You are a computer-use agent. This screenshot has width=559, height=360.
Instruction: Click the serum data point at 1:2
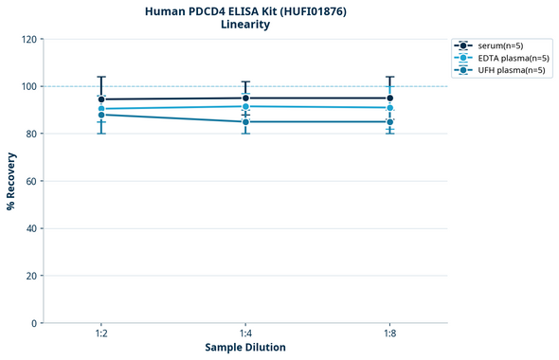tap(101, 99)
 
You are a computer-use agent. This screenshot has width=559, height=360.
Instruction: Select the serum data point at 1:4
tap(245, 98)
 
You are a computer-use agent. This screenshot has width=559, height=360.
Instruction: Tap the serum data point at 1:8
tap(389, 98)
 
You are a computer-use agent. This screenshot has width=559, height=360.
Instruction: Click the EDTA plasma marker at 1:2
tap(101, 109)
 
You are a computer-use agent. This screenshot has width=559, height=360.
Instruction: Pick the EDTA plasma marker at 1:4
tap(245, 106)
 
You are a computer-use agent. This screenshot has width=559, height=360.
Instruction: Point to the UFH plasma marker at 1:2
tap(101, 115)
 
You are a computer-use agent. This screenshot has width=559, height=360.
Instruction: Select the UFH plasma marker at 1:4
tap(245, 121)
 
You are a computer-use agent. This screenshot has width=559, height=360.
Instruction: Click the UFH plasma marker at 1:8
tap(389, 121)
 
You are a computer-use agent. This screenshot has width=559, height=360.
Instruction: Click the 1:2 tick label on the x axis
tap(101, 334)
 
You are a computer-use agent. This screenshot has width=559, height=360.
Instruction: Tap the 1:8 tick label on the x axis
tap(389, 334)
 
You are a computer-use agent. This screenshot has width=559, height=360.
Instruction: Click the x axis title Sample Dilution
tap(245, 348)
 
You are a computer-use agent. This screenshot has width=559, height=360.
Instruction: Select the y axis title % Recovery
tap(11, 180)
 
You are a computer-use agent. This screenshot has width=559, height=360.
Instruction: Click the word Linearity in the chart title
tap(244, 25)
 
